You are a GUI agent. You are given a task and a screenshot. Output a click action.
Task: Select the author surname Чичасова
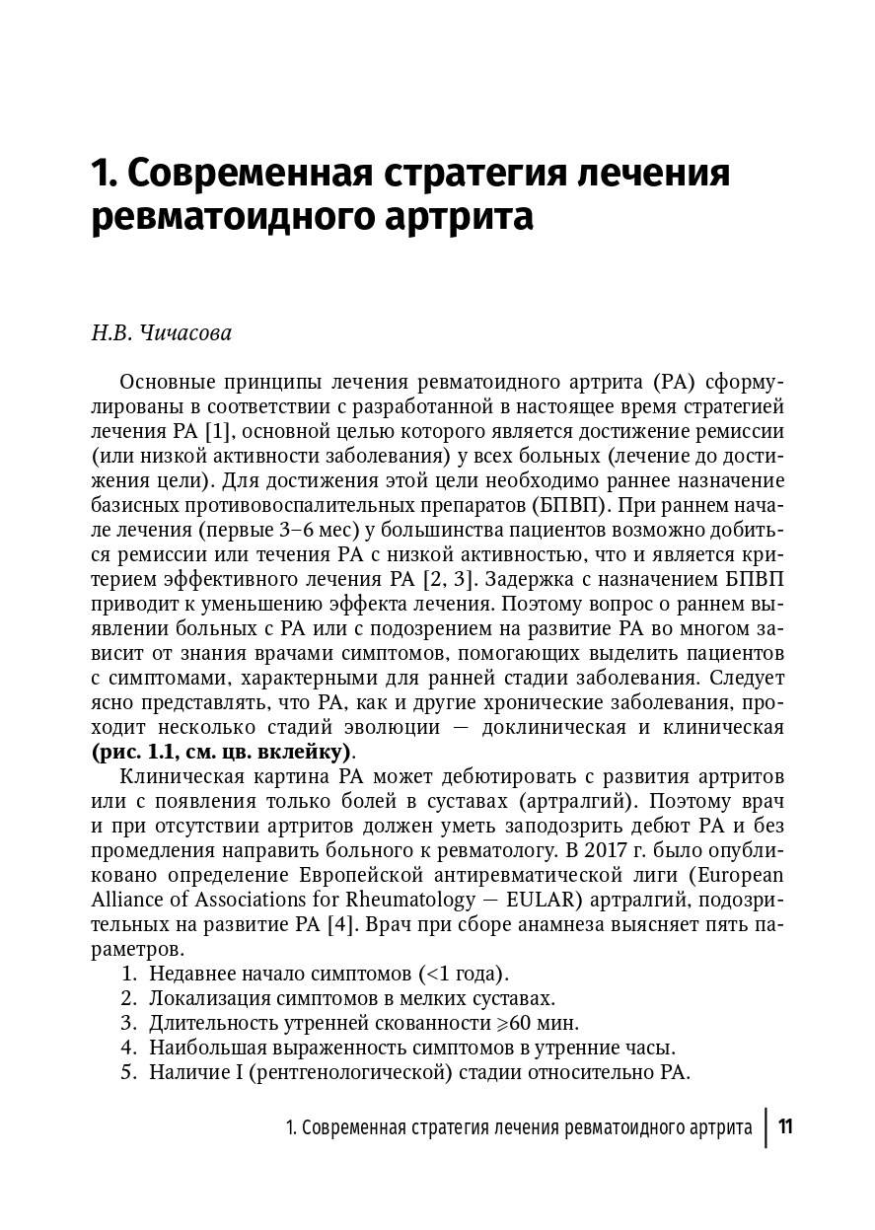coord(182,332)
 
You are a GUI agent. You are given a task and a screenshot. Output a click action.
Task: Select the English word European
coord(739,875)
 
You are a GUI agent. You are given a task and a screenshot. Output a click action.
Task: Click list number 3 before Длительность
coord(127,1023)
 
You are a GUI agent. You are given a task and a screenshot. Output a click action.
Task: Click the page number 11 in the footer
coord(786,1126)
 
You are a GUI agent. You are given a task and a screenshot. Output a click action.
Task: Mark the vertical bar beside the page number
coord(766,1126)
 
